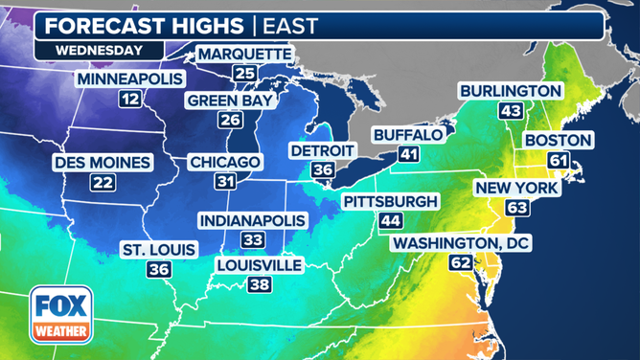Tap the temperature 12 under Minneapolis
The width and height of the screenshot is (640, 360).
(130, 98)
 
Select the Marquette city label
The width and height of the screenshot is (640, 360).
(244, 54)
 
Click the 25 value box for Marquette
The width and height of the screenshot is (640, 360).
(244, 74)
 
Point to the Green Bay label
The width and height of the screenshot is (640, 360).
(230, 100)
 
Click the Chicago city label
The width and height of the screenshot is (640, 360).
(224, 162)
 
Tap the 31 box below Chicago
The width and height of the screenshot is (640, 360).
(224, 181)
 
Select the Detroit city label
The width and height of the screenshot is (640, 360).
(323, 150)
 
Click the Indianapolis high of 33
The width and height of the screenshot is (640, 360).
(252, 240)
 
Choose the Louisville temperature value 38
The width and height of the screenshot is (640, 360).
(259, 284)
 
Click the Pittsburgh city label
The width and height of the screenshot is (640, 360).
(390, 201)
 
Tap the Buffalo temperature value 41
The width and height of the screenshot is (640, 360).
(409, 154)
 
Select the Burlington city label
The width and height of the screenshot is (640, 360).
(510, 90)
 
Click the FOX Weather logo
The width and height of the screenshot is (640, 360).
(61, 315)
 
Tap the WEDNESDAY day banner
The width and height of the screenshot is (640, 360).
(99, 50)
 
